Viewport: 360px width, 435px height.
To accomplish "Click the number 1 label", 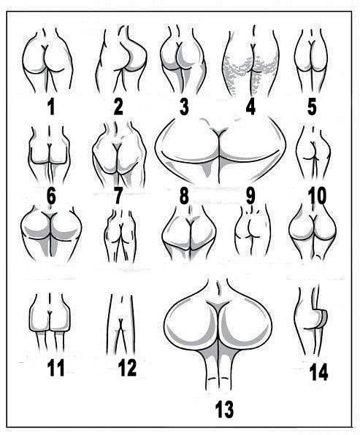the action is point(51,107).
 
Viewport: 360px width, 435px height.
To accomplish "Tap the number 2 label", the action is point(118,107).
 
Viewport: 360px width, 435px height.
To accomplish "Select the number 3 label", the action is point(184,107).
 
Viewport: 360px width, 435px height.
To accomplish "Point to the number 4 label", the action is point(250,107).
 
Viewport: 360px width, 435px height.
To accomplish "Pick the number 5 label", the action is point(312,107).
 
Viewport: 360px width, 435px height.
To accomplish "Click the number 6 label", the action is point(51,196).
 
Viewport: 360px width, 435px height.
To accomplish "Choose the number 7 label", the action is point(118,196).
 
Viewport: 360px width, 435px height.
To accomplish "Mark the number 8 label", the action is point(184,196).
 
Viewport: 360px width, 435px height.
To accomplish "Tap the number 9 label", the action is point(250,196).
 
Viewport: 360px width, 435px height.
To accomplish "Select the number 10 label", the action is point(317,196).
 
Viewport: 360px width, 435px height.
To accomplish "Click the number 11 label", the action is point(55,368).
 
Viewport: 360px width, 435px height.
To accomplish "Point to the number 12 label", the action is point(127,368).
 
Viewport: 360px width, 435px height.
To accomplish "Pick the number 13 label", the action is point(224,409).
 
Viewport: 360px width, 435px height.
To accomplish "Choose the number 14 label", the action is point(318,372).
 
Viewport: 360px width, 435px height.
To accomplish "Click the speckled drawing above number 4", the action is point(251,63).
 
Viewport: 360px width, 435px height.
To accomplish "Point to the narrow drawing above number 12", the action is point(120,324).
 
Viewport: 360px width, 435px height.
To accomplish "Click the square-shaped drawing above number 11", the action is point(50,322).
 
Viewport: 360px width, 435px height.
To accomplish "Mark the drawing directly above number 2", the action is point(121,60).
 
